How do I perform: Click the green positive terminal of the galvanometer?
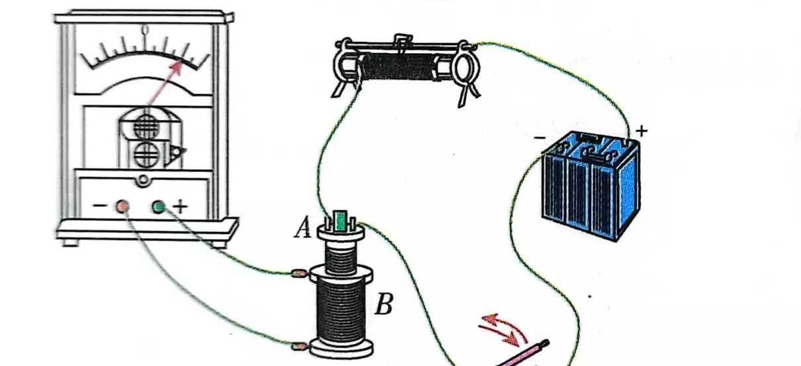point(159,207)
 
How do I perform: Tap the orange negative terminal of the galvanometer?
point(122,207)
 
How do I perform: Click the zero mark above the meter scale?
point(145,30)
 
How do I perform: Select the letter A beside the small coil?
point(303,228)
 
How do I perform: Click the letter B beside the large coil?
point(384,304)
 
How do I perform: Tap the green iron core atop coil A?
point(340,220)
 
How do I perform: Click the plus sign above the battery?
point(641,131)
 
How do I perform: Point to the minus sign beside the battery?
point(540,137)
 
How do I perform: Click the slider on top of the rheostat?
point(403,42)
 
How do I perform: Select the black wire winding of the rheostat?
point(398,67)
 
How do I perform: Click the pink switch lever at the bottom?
point(523,354)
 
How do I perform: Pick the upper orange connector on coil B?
point(299,274)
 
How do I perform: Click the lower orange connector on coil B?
point(299,346)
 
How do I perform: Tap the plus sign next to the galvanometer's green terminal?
point(180,207)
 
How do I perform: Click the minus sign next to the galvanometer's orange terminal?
point(99,206)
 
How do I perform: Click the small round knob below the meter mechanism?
point(144,180)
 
